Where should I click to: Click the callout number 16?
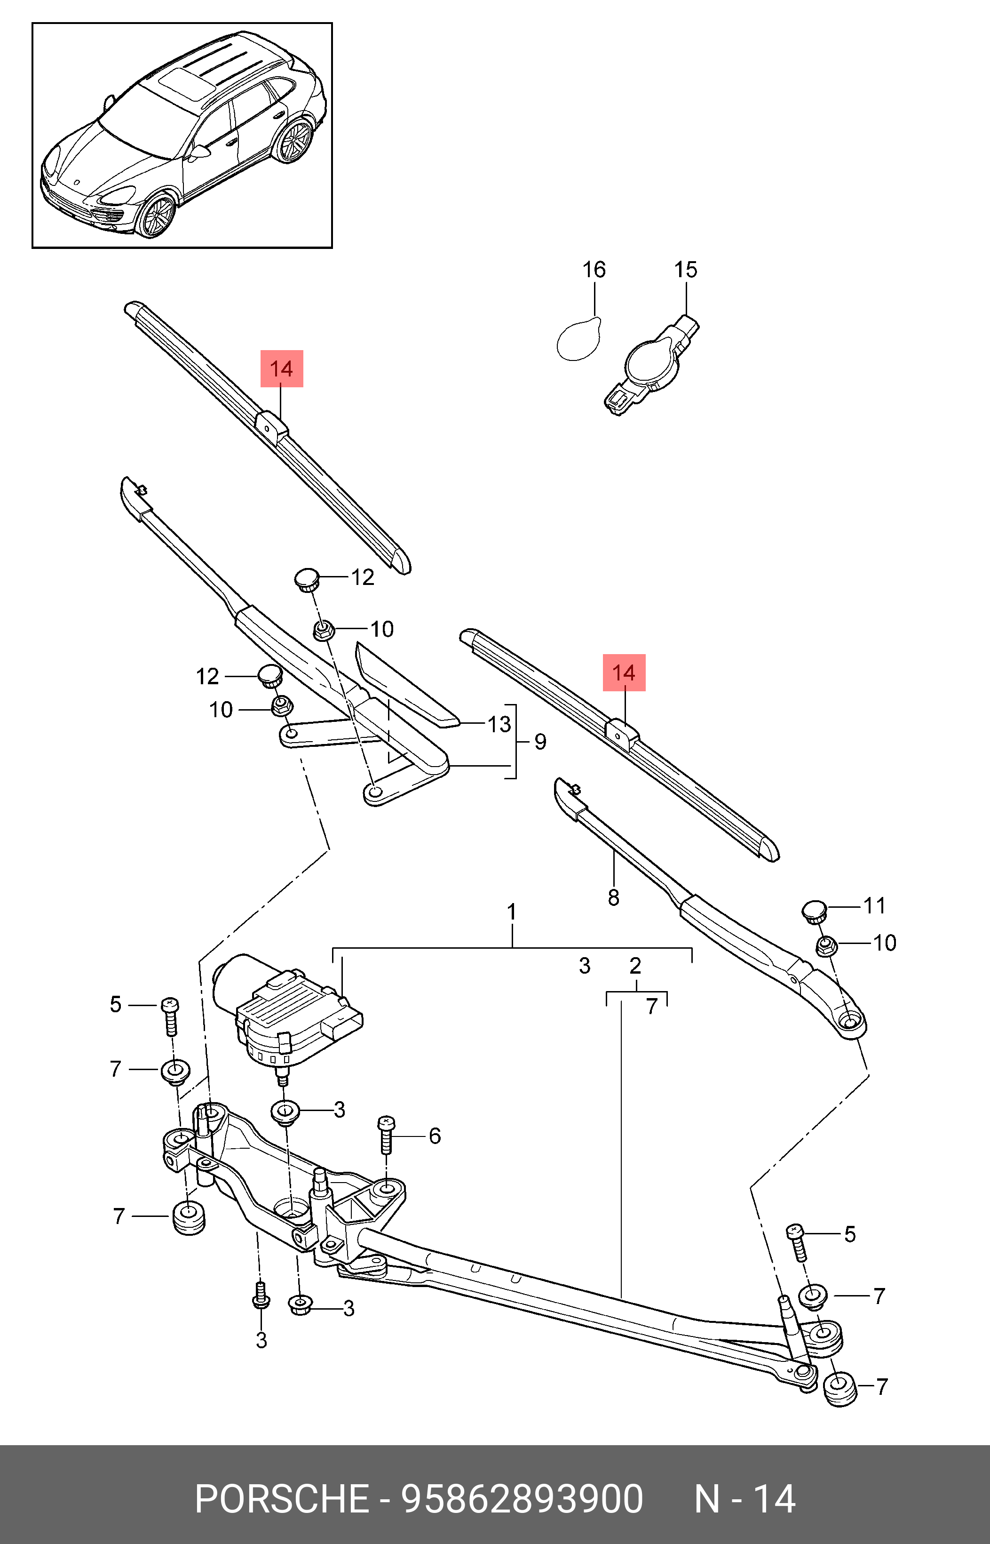point(594,270)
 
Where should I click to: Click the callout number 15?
point(685,270)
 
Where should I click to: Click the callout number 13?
point(499,724)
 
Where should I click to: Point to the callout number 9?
point(541,742)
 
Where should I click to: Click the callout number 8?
point(613,898)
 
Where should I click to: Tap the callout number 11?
point(874,905)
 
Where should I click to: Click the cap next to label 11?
point(814,911)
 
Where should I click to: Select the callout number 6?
point(435,1136)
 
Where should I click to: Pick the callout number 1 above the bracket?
point(512,912)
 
